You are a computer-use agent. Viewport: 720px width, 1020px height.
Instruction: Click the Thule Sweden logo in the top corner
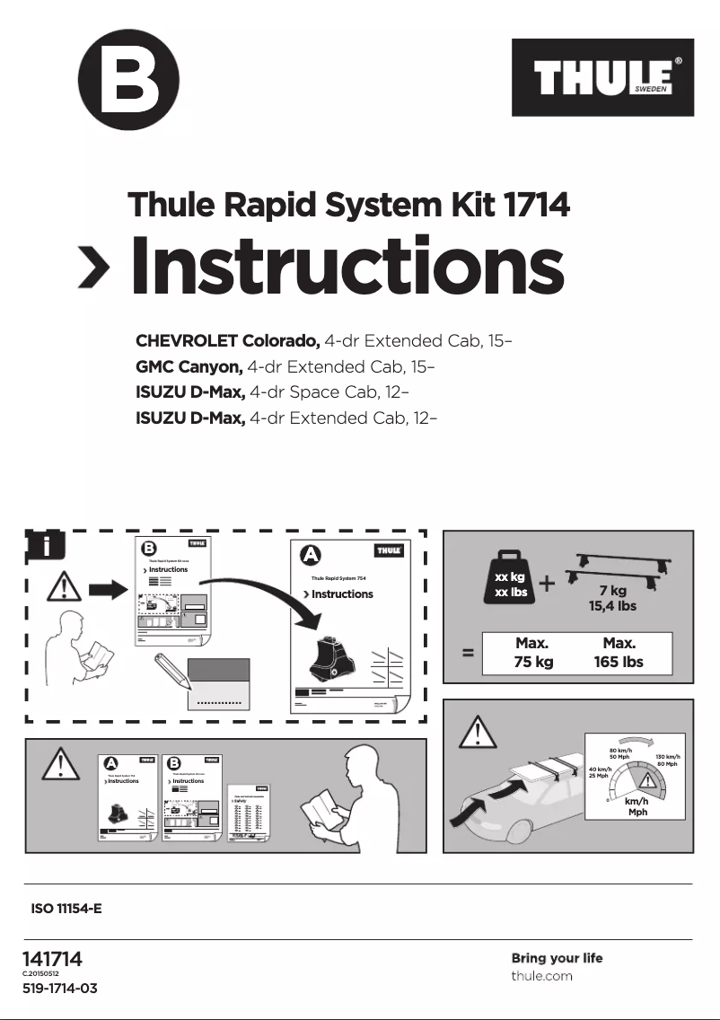click(x=602, y=78)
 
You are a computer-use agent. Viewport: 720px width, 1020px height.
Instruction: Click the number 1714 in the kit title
click(x=536, y=206)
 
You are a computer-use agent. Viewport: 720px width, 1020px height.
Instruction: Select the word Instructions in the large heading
click(x=347, y=266)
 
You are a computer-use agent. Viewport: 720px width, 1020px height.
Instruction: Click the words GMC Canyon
click(x=189, y=367)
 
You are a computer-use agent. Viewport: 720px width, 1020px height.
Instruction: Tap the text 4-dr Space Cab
click(x=308, y=392)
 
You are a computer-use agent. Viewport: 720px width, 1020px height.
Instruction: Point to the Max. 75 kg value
click(x=531, y=654)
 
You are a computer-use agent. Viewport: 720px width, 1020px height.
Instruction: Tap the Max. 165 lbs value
click(x=619, y=654)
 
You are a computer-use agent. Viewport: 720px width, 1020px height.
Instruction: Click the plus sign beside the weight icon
click(x=548, y=585)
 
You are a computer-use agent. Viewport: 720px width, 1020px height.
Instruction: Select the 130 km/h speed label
click(x=668, y=758)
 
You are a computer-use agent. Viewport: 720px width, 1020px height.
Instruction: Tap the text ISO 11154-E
click(x=66, y=909)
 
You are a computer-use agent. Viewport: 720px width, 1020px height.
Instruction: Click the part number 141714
click(x=52, y=959)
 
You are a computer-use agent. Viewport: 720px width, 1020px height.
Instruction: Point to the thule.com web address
click(x=541, y=976)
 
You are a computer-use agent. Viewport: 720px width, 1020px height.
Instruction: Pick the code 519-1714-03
click(x=59, y=989)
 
